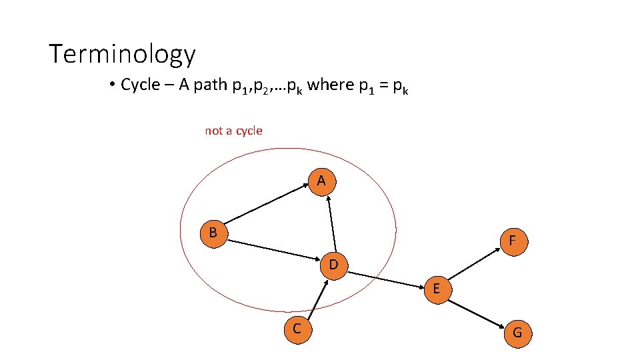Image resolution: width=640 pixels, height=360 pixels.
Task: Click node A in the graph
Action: tap(321, 181)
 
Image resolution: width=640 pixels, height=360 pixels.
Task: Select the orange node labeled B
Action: tap(213, 233)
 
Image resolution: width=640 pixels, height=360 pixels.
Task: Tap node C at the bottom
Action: tap(296, 328)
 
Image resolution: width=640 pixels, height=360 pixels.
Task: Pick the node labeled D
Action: tap(334, 265)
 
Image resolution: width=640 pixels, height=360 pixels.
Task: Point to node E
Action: tap(436, 289)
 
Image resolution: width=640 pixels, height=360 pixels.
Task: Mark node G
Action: tap(517, 333)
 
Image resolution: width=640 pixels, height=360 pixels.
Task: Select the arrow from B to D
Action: tap(273, 249)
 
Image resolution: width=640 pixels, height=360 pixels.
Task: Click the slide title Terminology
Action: tap(122, 54)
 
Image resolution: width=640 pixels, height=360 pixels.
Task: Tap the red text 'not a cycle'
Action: tap(233, 131)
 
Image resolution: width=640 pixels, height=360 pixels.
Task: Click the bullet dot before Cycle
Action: tap(112, 85)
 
